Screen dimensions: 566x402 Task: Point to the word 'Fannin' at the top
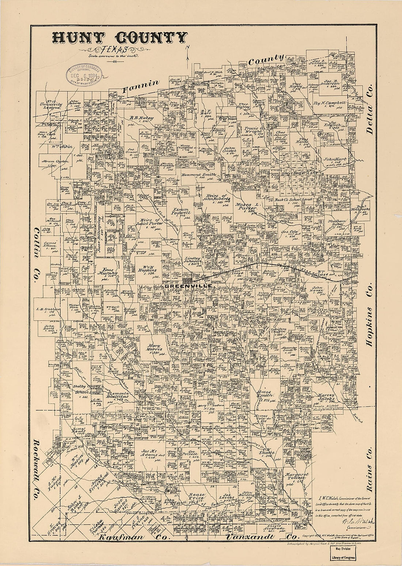point(141,86)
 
